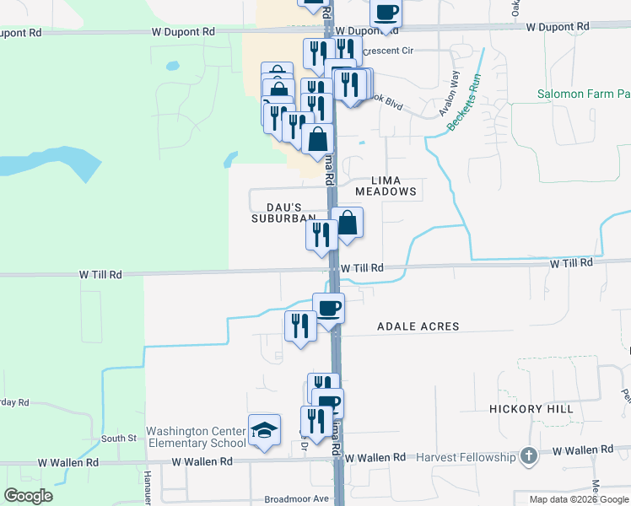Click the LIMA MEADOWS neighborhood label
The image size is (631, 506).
click(x=386, y=186)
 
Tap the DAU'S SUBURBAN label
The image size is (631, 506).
click(x=283, y=212)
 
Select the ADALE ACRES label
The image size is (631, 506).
click(x=418, y=326)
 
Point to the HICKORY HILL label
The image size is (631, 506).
click(x=531, y=409)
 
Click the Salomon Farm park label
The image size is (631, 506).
click(x=583, y=94)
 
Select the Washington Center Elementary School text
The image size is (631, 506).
click(x=196, y=437)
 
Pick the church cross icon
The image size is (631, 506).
click(x=528, y=457)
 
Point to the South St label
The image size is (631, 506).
click(x=119, y=439)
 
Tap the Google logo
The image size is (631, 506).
click(x=28, y=496)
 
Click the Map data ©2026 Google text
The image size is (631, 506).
click(x=578, y=499)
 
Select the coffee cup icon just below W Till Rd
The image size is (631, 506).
click(x=328, y=308)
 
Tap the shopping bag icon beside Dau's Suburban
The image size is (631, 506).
click(x=347, y=223)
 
